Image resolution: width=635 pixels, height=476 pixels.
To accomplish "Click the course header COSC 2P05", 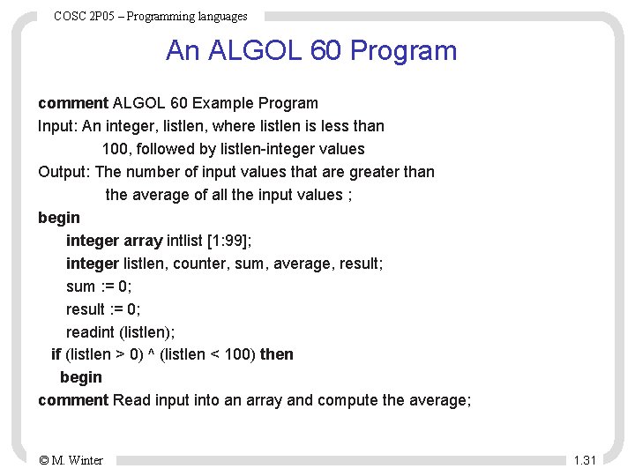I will (x=88, y=16).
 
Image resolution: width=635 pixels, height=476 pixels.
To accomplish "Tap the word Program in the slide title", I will (x=403, y=50).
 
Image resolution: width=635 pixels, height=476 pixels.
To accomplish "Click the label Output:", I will (x=64, y=172).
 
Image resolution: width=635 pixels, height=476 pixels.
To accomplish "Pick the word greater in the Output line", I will (x=357, y=172).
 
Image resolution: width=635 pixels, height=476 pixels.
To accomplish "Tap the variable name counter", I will (x=201, y=264).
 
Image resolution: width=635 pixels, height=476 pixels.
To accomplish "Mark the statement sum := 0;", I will (x=99, y=286).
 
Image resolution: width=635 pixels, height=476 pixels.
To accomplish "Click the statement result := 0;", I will (x=103, y=309).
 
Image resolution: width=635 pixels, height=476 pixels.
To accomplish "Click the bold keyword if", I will (x=56, y=354).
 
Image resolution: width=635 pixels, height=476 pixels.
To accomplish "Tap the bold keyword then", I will (x=277, y=354).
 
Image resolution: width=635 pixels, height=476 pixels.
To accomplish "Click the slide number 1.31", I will (x=585, y=460).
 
